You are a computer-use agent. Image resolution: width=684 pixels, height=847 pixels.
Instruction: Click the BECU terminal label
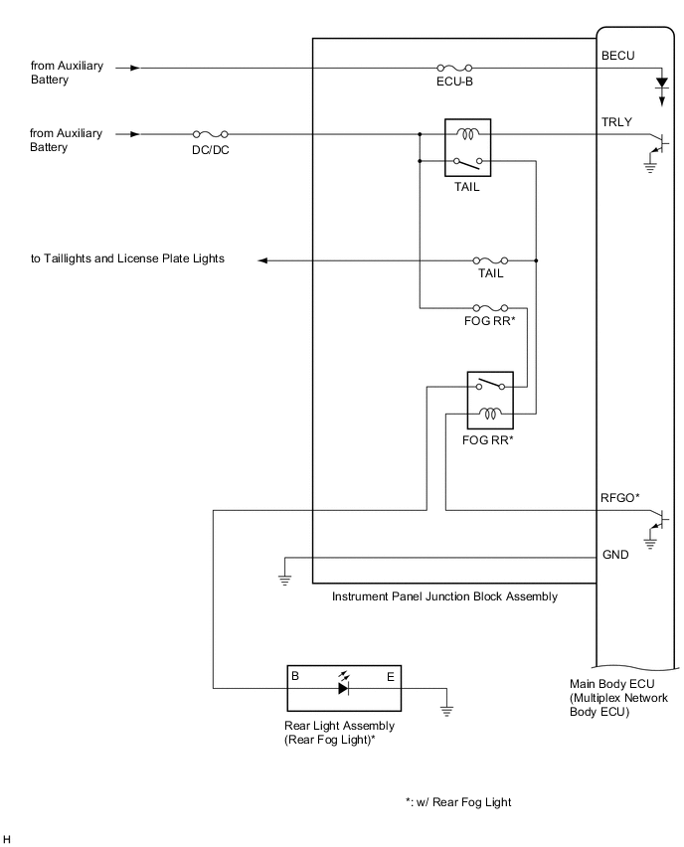617,55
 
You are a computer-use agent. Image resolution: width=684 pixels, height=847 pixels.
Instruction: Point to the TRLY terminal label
616,120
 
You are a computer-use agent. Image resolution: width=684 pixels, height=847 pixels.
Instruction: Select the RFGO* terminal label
619,496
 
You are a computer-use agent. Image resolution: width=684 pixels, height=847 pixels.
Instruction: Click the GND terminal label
615,554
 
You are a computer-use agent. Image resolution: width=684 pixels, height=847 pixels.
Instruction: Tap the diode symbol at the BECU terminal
661,86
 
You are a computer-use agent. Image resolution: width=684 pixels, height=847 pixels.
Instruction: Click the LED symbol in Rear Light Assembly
345,686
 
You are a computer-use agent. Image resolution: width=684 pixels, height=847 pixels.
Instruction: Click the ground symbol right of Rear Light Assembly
448,709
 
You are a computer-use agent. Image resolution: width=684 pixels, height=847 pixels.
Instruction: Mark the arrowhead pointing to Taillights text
264,260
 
